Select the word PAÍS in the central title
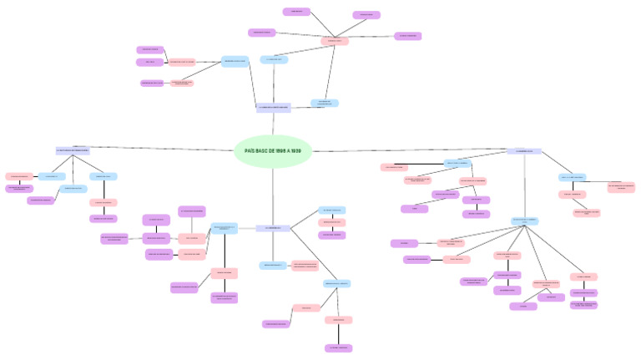(250, 151)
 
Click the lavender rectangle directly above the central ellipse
(273, 108)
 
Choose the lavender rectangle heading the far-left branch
(73, 150)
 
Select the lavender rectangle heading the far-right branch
(524, 151)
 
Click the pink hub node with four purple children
(335, 41)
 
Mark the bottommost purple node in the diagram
(337, 347)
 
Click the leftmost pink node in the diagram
(18, 176)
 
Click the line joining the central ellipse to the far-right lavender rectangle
(409, 150)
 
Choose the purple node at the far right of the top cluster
(407, 36)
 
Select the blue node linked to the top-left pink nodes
(234, 61)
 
